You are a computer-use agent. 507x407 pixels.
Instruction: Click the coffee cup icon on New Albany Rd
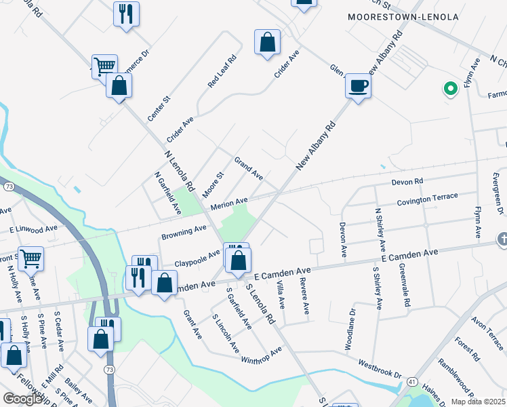(x=358, y=86)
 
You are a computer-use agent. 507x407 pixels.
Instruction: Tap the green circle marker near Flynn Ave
(x=449, y=88)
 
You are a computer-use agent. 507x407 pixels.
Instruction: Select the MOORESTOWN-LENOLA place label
(x=403, y=16)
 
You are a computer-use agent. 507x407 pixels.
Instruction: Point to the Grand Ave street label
(x=248, y=168)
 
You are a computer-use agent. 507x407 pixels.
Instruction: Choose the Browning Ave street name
(x=184, y=232)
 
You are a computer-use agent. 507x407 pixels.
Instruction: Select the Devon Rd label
(x=407, y=182)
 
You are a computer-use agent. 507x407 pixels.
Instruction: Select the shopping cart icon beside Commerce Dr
(x=104, y=66)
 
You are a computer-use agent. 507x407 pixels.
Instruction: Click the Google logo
(x=22, y=399)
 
